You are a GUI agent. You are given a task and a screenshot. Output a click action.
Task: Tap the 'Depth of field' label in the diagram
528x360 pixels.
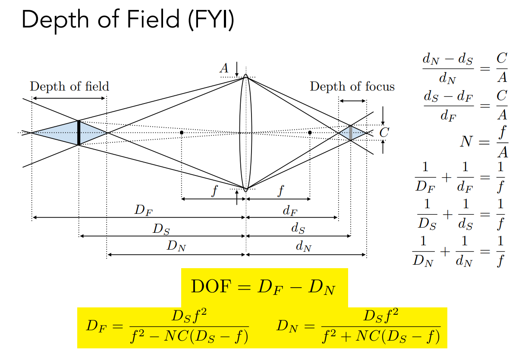(69, 86)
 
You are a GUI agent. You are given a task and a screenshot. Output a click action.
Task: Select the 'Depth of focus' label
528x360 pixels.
(352, 87)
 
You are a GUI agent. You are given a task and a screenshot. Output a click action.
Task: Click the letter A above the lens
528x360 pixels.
(224, 68)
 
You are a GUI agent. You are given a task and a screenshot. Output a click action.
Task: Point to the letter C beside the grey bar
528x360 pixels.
(383, 133)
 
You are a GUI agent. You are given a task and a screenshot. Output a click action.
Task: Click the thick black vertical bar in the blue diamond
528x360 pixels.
(79, 133)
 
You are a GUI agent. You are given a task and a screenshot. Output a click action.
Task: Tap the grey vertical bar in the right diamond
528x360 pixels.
(351, 133)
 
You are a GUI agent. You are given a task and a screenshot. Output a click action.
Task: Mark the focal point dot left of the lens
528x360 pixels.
(182, 132)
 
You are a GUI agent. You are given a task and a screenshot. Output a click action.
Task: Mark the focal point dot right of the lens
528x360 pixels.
(310, 132)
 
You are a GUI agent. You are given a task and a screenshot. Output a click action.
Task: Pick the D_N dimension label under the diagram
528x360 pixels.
(176, 247)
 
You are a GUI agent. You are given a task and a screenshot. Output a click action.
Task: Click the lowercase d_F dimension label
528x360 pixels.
(289, 211)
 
